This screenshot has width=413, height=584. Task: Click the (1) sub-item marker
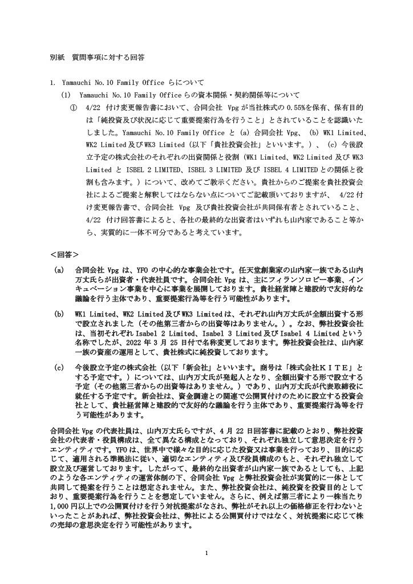tap(67, 95)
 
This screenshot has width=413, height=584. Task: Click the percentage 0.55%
tap(301, 107)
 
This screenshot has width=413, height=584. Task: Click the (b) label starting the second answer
tap(58, 314)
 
